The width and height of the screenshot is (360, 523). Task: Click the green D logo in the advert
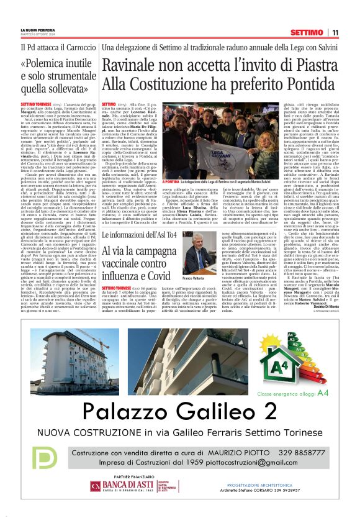pos(45,458)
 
